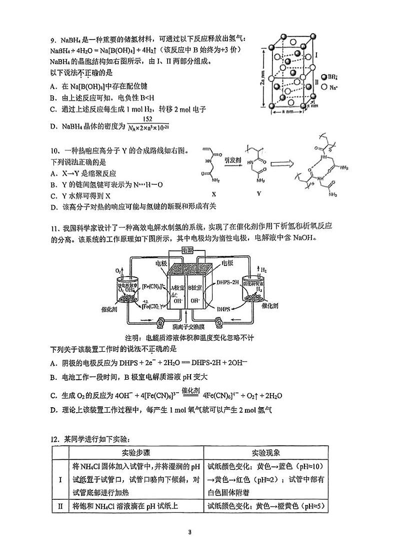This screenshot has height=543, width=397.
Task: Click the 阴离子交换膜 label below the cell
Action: tap(186, 328)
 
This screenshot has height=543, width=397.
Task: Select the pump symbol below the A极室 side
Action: tap(161, 322)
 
